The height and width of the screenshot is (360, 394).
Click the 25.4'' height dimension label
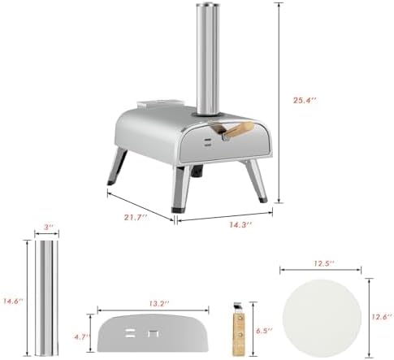pos(305,100)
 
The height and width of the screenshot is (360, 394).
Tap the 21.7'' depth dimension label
pos(136,217)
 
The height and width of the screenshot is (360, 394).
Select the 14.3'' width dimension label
pos(240,224)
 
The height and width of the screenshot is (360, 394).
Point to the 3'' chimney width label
pos(48,227)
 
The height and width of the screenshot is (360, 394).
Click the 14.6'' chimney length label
pos(13,301)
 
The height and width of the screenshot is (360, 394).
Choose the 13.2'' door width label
pos(158,304)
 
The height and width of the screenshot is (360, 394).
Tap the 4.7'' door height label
pos(82,337)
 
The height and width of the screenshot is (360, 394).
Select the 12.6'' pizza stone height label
pos(382,317)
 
